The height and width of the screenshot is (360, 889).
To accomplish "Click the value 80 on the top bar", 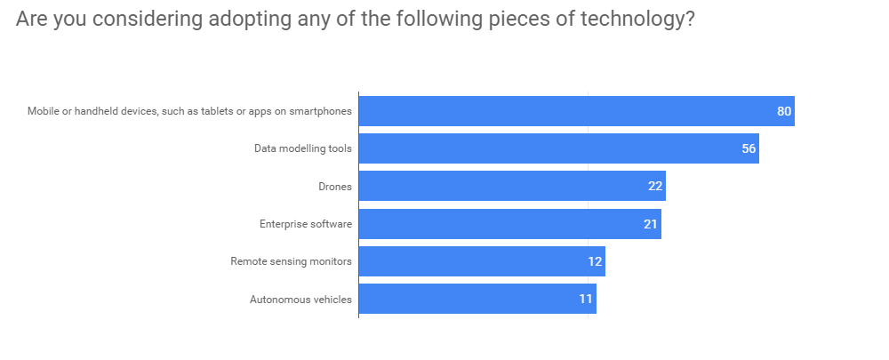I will (x=783, y=111).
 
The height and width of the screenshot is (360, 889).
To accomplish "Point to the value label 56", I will (x=749, y=148).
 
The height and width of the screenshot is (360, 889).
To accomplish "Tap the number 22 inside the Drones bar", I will (x=655, y=186).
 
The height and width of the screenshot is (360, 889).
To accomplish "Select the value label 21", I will (x=651, y=224).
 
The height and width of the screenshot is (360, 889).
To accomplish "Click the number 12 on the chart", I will (x=595, y=261).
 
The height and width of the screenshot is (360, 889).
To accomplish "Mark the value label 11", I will (x=586, y=299).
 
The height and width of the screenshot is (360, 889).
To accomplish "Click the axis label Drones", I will (x=335, y=187).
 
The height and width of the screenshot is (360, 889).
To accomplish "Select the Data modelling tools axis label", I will (x=303, y=148).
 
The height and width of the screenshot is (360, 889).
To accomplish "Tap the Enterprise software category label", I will (x=306, y=224).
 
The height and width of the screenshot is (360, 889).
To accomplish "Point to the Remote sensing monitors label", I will (x=291, y=261).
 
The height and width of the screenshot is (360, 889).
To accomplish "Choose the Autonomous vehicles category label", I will (x=300, y=300).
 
